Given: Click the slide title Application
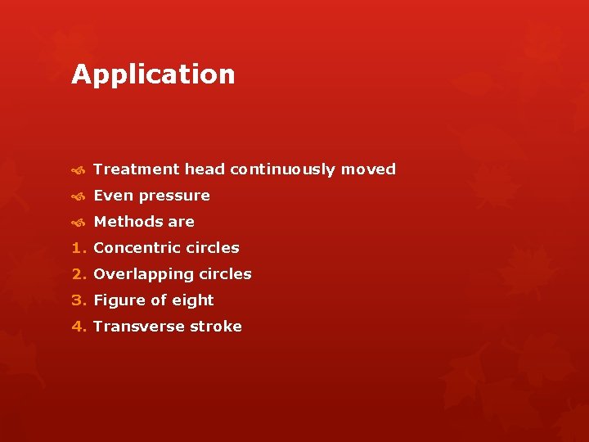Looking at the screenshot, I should [x=153, y=74].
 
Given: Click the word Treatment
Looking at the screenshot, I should [x=136, y=169].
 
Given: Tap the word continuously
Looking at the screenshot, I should [x=283, y=169].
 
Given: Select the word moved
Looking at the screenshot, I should [x=368, y=169].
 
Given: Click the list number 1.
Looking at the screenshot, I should [x=78, y=248].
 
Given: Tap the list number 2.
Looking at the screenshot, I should [x=78, y=274].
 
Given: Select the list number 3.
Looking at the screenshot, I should [x=78, y=300].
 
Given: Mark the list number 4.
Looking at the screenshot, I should [x=78, y=327].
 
